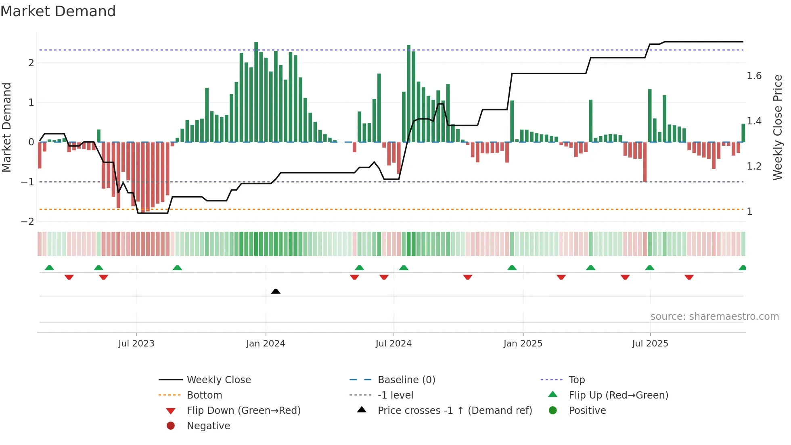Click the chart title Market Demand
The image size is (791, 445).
(58, 11)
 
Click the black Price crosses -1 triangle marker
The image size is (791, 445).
(276, 291)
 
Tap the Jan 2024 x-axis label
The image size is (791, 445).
(266, 344)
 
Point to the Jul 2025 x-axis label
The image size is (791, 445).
(650, 344)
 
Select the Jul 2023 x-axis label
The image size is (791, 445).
(136, 344)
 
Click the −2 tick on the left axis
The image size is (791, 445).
(27, 222)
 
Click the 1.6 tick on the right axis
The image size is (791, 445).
(754, 76)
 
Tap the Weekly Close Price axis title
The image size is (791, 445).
(777, 127)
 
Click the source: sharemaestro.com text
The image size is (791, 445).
(714, 317)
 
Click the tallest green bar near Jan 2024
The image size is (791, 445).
(256, 92)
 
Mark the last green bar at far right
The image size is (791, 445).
(743, 133)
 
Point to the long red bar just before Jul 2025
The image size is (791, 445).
(645, 162)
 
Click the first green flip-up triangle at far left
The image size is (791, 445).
(49, 268)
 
